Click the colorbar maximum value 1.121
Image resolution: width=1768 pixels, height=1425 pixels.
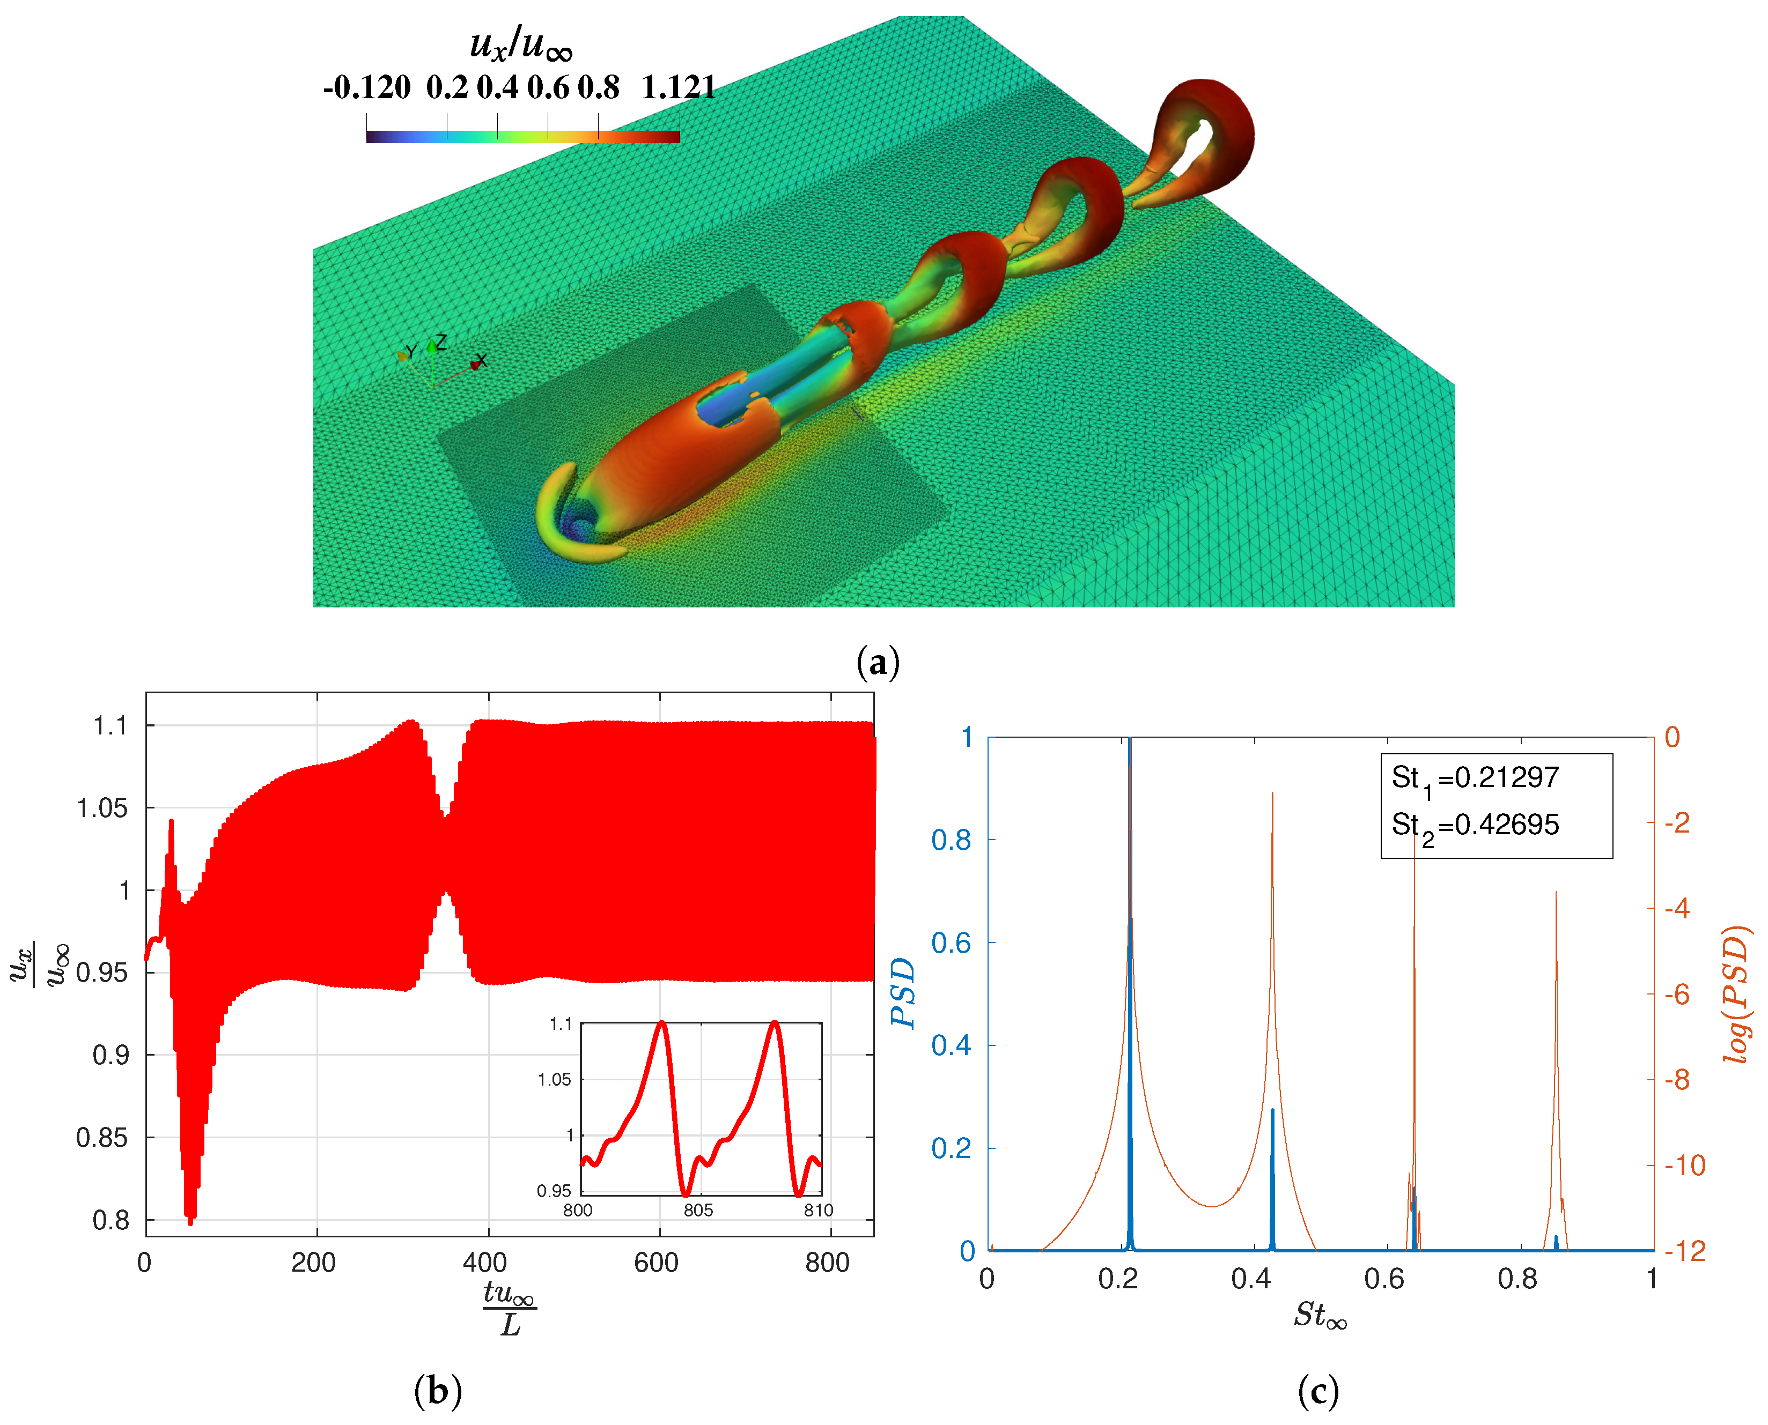(679, 87)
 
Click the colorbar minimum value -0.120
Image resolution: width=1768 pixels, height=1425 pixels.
(366, 87)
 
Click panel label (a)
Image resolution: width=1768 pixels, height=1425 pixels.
(878, 662)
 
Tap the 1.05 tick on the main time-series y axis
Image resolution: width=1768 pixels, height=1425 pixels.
(102, 808)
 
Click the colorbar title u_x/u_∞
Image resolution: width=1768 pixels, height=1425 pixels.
(521, 43)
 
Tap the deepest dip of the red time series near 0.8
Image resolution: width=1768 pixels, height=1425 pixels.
(190, 1221)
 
